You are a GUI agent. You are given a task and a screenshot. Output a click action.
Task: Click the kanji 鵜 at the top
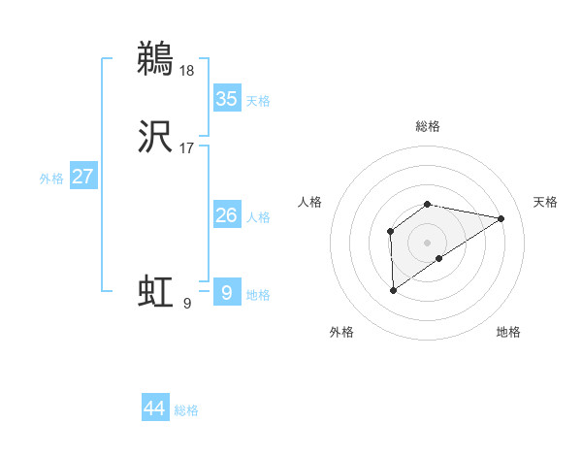155,58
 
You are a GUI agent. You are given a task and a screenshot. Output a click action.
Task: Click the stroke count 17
187,148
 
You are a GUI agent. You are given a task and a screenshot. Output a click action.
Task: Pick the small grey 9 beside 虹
187,303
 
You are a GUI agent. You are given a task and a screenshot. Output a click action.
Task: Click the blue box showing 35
226,99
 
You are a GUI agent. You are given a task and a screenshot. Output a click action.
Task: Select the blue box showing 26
226,215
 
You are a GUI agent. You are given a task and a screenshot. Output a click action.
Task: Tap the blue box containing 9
226,292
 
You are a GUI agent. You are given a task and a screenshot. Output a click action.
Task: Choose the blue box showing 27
82,177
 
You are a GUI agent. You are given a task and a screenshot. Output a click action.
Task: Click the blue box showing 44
155,408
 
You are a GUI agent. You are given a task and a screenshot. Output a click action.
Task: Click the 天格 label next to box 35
258,101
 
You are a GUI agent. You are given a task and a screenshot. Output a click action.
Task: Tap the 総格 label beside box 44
186,410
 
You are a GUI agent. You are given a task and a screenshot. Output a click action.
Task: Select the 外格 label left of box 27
51,179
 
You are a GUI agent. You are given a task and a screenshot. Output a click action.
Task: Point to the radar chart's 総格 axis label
428,126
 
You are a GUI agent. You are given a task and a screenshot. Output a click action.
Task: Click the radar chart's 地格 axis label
508,332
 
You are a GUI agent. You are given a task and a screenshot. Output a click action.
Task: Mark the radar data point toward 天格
501,217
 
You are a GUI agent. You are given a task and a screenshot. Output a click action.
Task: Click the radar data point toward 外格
393,289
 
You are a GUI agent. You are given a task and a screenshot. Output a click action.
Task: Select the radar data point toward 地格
439,258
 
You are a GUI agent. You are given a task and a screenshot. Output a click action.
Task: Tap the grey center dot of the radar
428,242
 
